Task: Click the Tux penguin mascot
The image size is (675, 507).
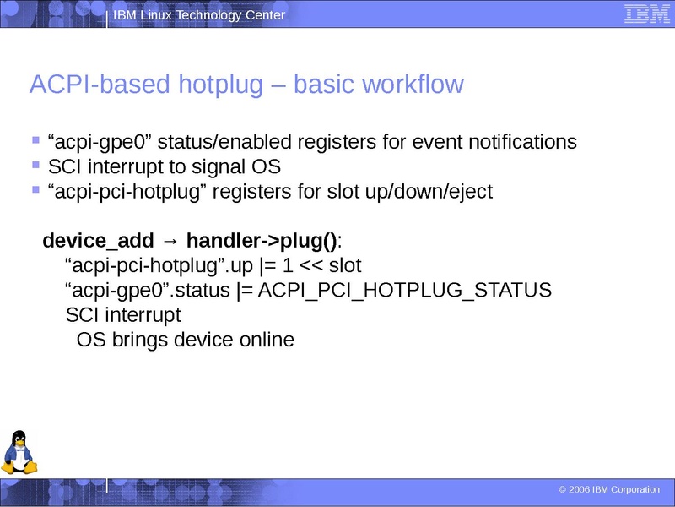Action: coord(19,453)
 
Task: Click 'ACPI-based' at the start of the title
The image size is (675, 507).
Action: coord(90,85)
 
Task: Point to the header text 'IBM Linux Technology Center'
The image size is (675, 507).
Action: coord(199,16)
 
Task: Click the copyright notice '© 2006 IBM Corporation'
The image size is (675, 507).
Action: coord(609,490)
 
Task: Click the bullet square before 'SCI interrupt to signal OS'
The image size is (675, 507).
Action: coord(35,165)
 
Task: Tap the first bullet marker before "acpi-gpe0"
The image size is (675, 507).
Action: coord(35,139)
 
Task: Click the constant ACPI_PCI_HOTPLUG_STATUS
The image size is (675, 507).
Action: coord(405,291)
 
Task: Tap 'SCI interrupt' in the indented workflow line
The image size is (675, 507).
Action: coord(123,316)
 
